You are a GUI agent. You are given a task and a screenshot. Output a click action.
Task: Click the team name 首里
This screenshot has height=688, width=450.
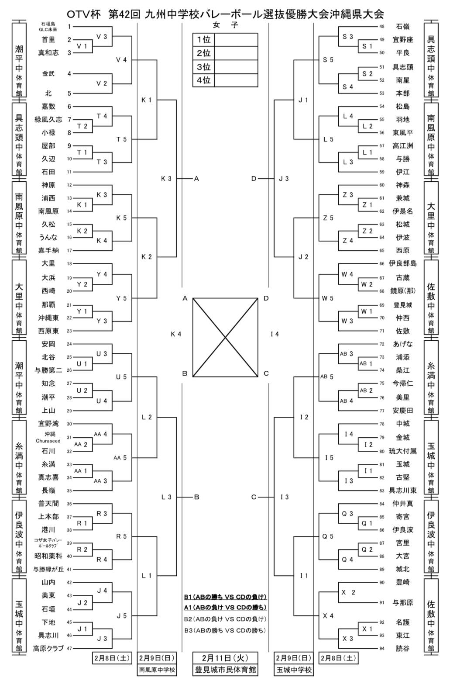point(48,40)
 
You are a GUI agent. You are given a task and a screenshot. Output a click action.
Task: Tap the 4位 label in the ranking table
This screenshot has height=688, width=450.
point(203,80)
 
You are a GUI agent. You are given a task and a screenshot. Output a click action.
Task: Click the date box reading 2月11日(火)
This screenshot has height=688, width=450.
point(225,658)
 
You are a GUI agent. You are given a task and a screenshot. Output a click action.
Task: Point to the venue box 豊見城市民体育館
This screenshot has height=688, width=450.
point(225,670)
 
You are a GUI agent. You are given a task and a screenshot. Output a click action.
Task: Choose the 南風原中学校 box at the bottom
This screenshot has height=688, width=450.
point(157,670)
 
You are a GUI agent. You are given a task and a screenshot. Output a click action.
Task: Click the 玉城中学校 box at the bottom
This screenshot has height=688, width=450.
point(294,670)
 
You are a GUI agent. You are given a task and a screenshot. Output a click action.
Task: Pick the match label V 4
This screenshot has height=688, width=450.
point(121,60)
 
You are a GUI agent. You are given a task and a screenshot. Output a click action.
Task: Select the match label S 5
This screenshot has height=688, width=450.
point(328,60)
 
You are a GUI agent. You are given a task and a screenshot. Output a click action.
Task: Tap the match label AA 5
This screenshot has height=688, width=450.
point(120,458)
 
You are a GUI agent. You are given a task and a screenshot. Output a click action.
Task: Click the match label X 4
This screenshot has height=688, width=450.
point(328,616)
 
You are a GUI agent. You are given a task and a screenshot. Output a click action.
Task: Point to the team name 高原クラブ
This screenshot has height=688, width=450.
point(48,649)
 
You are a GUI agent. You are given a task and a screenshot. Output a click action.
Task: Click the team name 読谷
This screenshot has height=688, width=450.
point(402,649)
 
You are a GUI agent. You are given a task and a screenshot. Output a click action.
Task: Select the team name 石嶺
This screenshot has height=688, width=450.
point(402,27)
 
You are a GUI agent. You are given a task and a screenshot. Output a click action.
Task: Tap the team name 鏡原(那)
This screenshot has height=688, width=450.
point(402,291)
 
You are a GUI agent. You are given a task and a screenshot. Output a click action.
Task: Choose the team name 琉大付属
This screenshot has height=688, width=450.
point(402,451)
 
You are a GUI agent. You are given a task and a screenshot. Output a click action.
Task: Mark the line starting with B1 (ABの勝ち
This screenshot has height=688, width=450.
point(225,597)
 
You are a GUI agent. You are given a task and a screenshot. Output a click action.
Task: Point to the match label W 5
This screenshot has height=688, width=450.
point(328,298)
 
